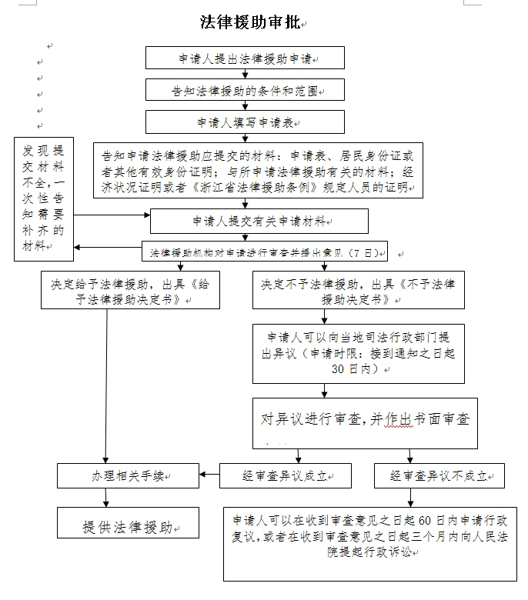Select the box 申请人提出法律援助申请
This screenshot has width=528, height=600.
pos(246,58)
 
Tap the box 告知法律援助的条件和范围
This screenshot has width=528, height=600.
pos(246,90)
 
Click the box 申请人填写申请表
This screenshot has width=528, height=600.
pos(246,122)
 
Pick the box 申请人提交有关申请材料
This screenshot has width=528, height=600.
pos(259,221)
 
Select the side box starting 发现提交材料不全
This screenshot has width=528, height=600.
pos(43,198)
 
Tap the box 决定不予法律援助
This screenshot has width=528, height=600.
pos(359,290)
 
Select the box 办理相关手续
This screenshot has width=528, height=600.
pos(129,476)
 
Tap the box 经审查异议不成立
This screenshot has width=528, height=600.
pos(439,476)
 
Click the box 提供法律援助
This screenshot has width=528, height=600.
pos(129,526)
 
